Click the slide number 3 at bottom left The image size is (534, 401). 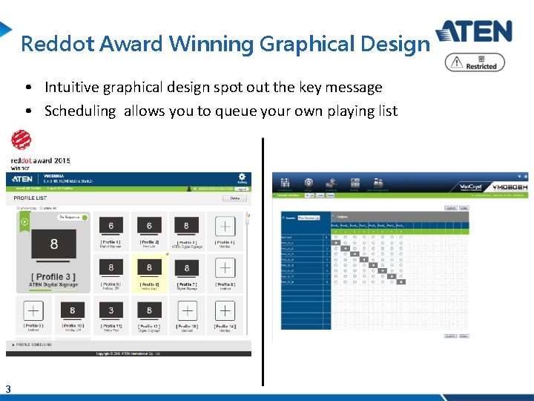(7, 388)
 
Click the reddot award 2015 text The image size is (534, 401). (40, 160)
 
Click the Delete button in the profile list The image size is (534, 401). (234, 198)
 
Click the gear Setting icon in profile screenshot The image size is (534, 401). (242, 178)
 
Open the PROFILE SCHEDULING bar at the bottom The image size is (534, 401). (33, 345)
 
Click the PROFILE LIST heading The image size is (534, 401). (30, 198)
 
